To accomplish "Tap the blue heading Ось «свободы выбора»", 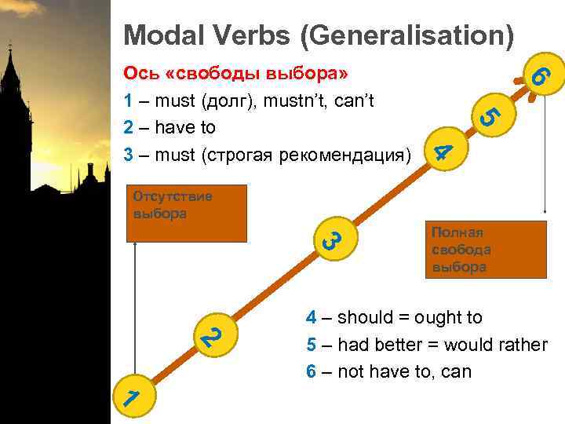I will coord(236,74).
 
